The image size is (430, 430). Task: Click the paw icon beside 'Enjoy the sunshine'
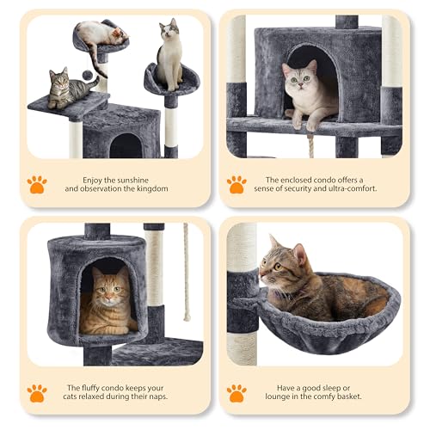click(x=36, y=184)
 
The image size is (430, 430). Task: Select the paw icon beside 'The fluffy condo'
click(x=36, y=392)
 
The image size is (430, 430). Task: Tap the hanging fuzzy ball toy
click(x=90, y=73)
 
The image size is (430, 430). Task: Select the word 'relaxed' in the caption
click(x=110, y=398)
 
